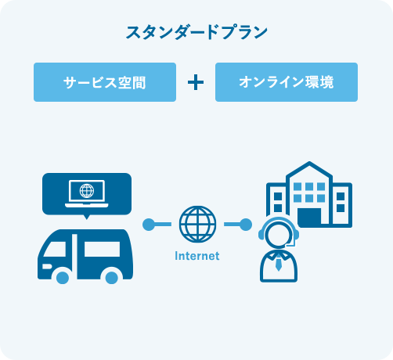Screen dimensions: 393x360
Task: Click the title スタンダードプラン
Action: (196, 32)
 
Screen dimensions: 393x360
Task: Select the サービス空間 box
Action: (105, 82)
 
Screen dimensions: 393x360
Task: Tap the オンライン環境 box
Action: (287, 82)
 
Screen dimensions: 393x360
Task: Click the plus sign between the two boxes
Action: (196, 82)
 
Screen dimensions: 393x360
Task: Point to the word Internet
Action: (197, 256)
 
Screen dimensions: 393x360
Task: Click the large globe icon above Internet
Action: (198, 224)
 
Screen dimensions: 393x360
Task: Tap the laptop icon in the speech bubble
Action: (87, 194)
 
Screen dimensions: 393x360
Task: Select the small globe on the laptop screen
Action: (87, 191)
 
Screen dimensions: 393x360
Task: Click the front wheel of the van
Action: (63, 278)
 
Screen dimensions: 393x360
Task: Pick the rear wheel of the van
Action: (112, 278)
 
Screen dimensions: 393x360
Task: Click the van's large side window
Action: (102, 249)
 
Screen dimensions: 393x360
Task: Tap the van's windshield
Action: (56, 249)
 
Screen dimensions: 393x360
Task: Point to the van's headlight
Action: (47, 266)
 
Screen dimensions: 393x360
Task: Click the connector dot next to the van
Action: (149, 225)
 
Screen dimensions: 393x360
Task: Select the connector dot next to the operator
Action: (246, 225)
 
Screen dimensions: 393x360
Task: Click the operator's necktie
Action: (279, 264)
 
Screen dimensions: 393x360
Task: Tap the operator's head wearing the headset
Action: (279, 232)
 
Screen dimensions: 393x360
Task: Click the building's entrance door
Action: (309, 216)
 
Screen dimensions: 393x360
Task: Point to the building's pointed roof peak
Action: (309, 162)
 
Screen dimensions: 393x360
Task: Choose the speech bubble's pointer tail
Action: (87, 217)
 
